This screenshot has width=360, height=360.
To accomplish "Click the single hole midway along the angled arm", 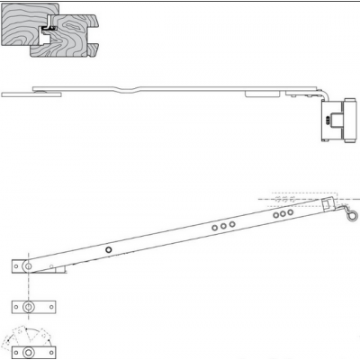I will point(107,249).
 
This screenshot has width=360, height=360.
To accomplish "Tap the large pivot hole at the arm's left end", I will point(29,266).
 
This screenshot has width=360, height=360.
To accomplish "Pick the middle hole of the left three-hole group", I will point(223,226).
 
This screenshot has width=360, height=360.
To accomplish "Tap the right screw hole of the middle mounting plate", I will point(50,307).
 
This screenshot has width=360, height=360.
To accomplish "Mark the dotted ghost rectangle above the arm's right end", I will point(305,195).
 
